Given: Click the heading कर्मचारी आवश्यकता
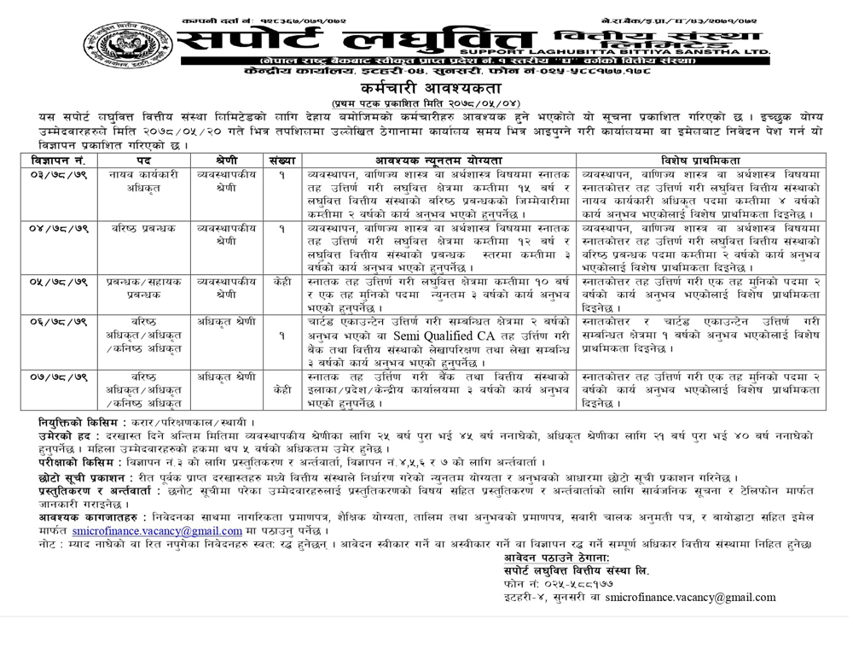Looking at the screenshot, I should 424,89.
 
